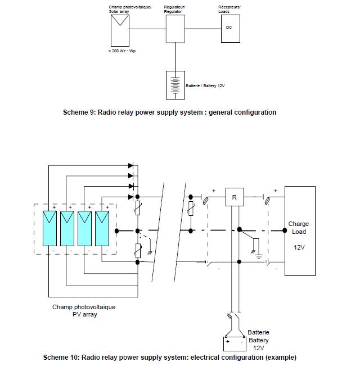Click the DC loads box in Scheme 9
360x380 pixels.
[231, 29]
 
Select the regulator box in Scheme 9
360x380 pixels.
[175, 29]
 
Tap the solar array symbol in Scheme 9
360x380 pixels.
[120, 30]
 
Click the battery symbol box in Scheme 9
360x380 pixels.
[175, 85]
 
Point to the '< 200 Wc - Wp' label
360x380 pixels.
[121, 51]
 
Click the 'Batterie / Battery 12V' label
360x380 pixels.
[205, 86]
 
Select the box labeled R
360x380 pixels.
[235, 197]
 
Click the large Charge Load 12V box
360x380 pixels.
[300, 231]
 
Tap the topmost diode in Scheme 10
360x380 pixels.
[130, 166]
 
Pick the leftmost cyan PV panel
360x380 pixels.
[49, 229]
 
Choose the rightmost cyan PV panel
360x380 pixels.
[102, 229]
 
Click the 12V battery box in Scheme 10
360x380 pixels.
[235, 344]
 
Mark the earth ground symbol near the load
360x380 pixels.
[259, 256]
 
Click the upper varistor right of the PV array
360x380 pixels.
[138, 208]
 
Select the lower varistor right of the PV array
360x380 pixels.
[138, 251]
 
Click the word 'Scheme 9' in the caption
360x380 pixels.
[79, 112]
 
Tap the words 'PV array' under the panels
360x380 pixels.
[85, 315]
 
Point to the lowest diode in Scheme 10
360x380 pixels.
[130, 197]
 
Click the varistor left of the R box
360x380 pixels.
[191, 209]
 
